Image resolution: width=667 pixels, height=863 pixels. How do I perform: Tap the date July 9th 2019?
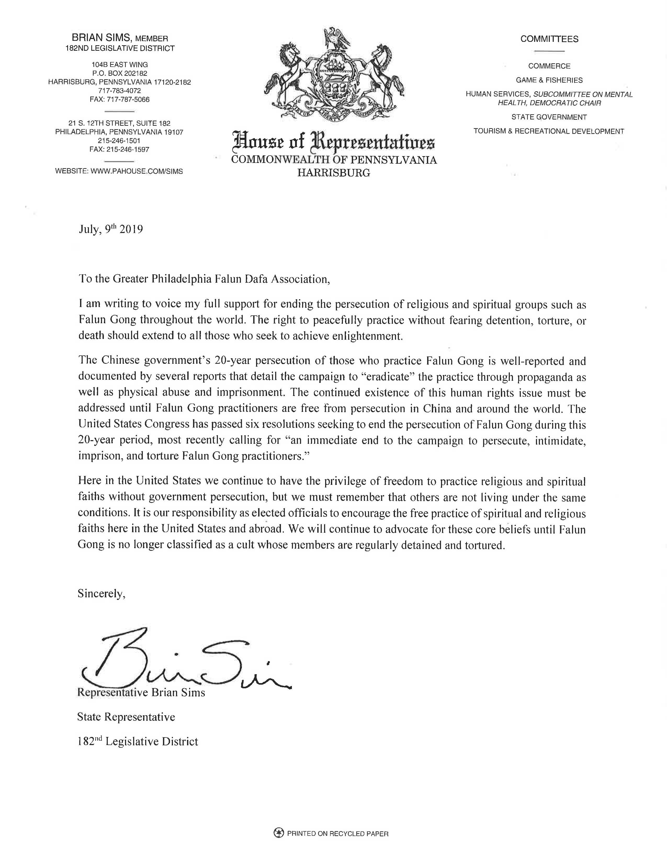[x=111, y=229]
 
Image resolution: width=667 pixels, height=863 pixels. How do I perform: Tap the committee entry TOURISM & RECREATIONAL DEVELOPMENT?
[x=549, y=131]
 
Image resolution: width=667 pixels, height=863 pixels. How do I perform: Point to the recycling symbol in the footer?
[x=279, y=833]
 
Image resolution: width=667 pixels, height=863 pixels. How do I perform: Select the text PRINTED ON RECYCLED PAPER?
[x=337, y=834]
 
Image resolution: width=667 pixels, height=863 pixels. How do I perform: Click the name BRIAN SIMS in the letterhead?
[x=101, y=38]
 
